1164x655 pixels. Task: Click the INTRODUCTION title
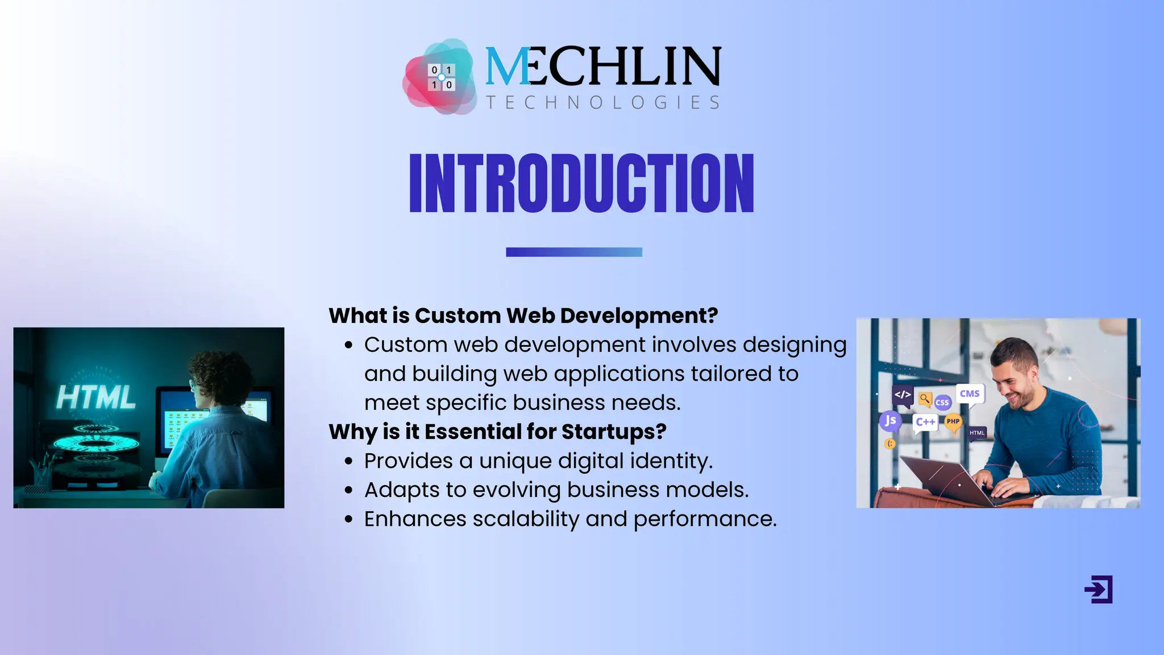click(581, 183)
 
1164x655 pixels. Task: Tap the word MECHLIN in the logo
click(602, 67)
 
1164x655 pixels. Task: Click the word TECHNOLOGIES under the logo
click(602, 102)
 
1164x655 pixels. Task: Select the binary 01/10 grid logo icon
click(441, 77)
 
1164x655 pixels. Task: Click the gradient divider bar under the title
click(574, 252)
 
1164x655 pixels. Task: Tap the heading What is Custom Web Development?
click(523, 316)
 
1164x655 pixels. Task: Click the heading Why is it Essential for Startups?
click(497, 432)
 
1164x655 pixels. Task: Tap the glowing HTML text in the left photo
click(96, 397)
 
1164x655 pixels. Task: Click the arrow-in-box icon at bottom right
click(1098, 589)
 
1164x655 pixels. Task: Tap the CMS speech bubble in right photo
click(970, 394)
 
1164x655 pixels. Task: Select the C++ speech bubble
click(925, 422)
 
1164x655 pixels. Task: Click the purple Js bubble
click(890, 421)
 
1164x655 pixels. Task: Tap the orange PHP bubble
click(953, 422)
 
